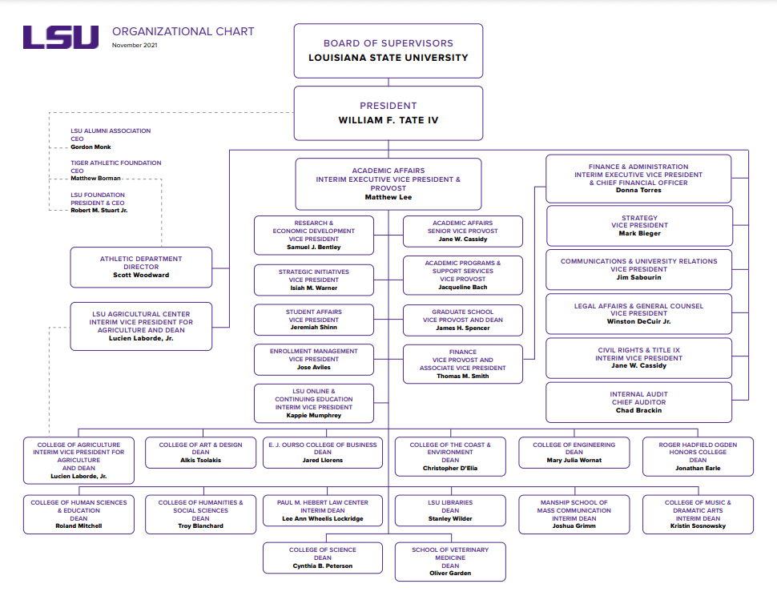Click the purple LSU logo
tap(61, 38)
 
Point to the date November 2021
tap(135, 46)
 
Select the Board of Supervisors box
tap(388, 50)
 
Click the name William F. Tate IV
tap(388, 120)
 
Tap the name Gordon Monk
tap(91, 147)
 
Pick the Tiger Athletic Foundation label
tap(115, 163)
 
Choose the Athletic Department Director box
tap(141, 267)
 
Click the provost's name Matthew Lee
tap(388, 197)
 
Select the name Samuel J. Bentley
tap(314, 248)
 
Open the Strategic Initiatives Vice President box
tap(314, 280)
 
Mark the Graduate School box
tap(463, 320)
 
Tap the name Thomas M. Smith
tap(463, 377)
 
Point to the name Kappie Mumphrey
tap(314, 416)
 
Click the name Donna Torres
tap(638, 191)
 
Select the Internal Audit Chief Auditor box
tap(638, 402)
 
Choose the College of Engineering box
tap(574, 452)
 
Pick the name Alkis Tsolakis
tap(201, 461)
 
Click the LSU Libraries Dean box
tap(450, 510)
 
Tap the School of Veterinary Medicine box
tap(450, 561)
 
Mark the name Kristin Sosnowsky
tap(698, 526)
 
